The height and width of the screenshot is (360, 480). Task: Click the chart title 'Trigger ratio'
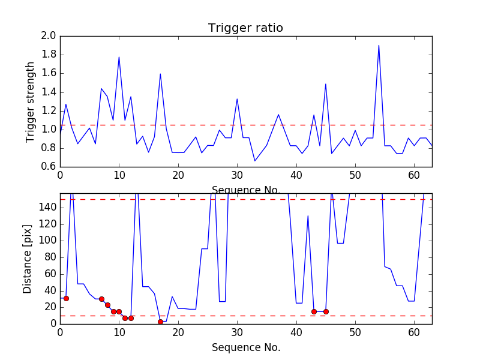point(245,28)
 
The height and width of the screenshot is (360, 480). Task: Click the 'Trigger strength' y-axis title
point(31,102)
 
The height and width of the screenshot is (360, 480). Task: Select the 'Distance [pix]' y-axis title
point(28,259)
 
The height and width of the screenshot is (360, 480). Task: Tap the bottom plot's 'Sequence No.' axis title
point(245,347)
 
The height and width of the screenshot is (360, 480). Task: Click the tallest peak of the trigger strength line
point(379,46)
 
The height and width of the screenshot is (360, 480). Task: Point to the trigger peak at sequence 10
point(119,57)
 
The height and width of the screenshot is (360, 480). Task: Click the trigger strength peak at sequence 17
point(160,74)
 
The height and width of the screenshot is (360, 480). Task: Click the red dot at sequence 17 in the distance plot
point(160,322)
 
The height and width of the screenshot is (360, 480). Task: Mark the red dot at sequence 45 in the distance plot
point(326,311)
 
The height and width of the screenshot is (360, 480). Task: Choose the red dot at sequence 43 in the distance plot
point(314,311)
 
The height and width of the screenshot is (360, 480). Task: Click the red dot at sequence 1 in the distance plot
point(66,298)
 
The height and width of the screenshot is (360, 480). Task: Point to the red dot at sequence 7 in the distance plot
point(101,299)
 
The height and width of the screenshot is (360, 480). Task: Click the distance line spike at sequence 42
point(308,216)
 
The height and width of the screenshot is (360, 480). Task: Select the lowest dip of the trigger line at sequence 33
point(255,161)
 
